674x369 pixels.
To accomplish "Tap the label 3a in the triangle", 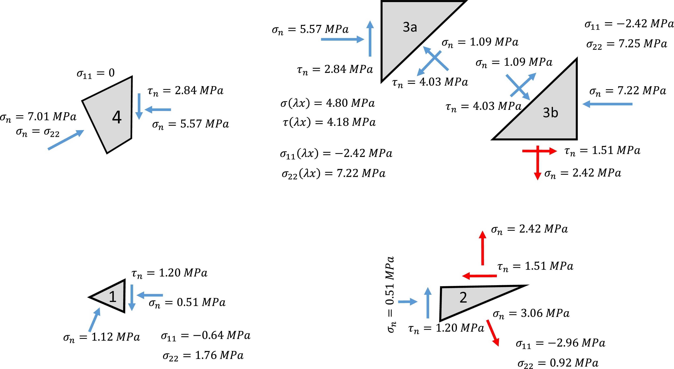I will point(410,27).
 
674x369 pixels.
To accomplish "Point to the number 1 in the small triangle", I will point(113,297).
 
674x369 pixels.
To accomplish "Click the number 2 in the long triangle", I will point(463,297).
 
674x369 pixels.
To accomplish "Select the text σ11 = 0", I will point(95,73).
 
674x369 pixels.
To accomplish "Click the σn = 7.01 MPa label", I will point(38,117).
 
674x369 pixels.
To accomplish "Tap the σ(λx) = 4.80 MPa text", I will point(328,103).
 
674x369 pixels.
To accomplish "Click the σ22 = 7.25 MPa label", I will point(626,44).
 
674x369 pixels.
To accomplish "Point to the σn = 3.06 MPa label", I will point(531,314).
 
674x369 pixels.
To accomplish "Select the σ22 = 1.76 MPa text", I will point(203,356).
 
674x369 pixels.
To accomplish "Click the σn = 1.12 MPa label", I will point(102,337).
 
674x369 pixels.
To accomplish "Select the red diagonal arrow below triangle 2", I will point(493,333).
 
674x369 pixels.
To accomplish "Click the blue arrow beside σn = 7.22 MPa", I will point(607,104).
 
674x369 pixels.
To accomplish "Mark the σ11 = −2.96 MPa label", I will point(560,343).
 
